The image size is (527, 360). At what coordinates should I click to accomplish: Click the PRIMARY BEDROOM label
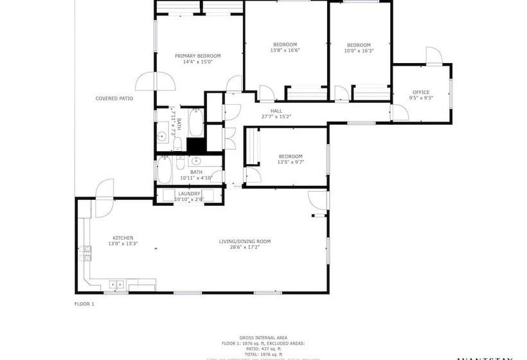point(198,56)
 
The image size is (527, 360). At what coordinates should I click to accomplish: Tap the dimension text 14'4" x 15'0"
point(198,62)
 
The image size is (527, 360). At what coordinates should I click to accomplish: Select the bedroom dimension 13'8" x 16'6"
point(285,50)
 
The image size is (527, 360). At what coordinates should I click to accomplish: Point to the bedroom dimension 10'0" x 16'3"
point(359,50)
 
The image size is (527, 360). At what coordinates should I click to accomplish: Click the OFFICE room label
point(421,93)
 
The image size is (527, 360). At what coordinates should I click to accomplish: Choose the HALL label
point(276,111)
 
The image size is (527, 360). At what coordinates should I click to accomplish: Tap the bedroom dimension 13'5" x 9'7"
point(290,162)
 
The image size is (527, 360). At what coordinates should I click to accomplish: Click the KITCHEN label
point(123,238)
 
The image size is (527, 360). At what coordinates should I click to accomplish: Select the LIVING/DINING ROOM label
point(245,241)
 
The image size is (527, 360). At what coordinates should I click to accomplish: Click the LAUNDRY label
point(190,194)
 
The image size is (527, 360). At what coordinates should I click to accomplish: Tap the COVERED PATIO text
point(114,98)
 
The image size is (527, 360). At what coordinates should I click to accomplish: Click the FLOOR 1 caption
point(85,303)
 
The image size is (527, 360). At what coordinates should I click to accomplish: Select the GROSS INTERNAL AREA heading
point(263,337)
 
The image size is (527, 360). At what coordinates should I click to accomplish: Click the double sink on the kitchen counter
point(116,283)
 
